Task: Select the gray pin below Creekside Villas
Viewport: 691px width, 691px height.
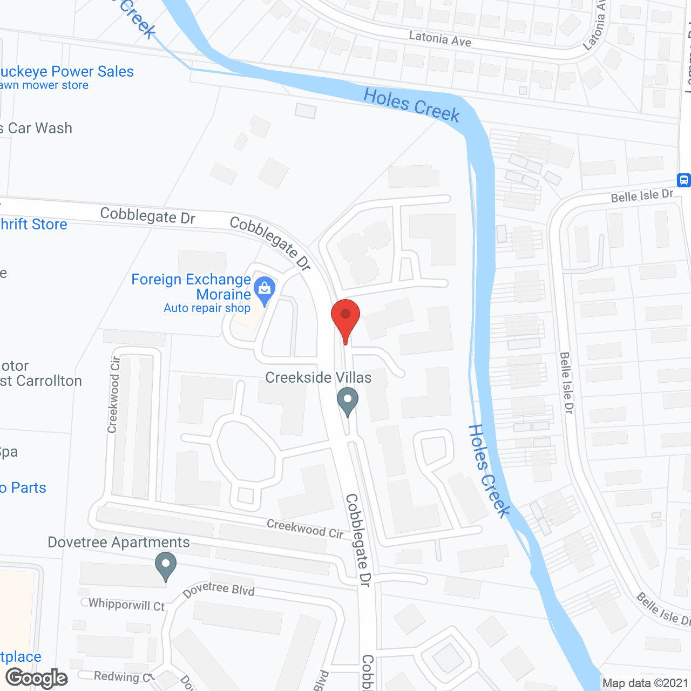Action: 348,401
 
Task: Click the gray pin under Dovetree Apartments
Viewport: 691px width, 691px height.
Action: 166,565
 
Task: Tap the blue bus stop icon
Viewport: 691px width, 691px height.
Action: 683,180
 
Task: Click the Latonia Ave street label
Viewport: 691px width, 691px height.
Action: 440,39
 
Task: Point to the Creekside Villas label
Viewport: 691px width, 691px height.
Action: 319,377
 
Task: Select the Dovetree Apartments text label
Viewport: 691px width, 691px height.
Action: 119,542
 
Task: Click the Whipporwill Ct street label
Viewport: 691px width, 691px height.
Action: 126,604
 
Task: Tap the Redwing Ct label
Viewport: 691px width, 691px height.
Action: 123,676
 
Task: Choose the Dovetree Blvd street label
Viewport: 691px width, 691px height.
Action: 219,590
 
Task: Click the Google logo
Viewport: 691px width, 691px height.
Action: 37,678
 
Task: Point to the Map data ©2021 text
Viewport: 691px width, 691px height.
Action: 645,683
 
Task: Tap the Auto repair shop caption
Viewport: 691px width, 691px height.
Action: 207,308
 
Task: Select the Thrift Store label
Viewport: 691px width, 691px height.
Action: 33,224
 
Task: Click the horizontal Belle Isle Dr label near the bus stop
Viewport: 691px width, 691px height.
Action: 642,196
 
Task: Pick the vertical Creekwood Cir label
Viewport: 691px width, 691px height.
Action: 113,395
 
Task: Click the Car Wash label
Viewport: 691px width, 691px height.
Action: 38,128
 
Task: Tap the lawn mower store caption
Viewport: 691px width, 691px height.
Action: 44,85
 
